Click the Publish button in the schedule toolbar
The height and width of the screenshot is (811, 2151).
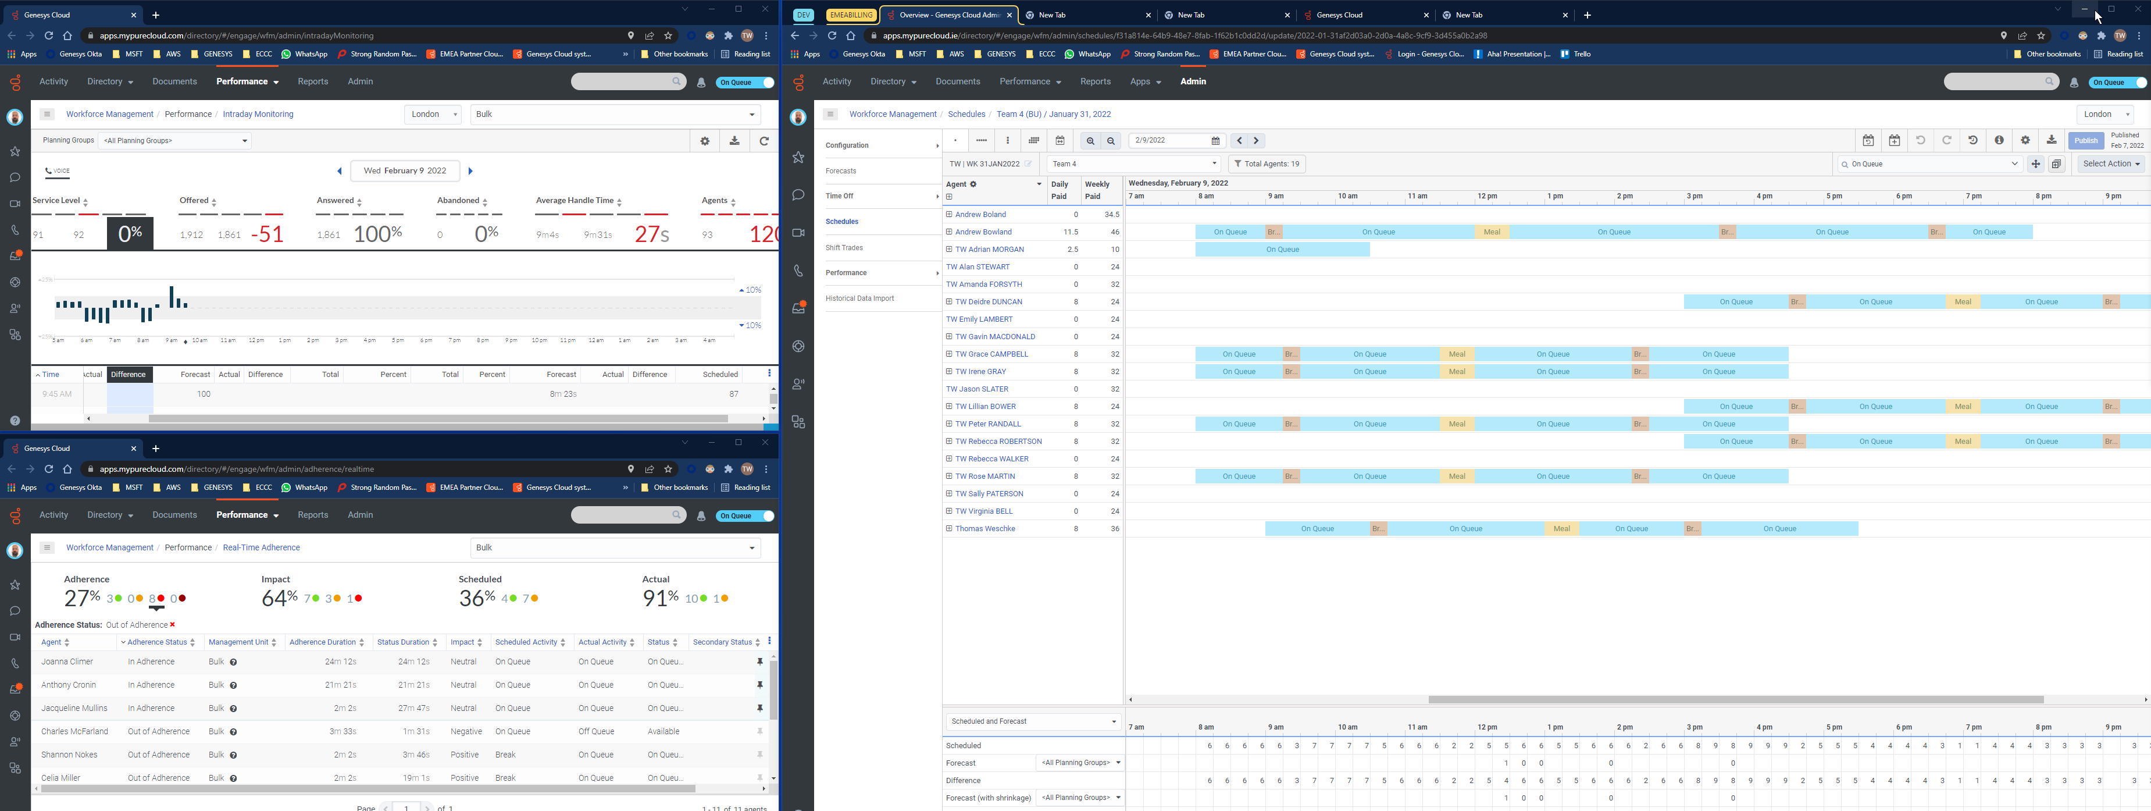tap(2085, 140)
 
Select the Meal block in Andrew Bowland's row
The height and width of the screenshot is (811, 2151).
tap(1492, 232)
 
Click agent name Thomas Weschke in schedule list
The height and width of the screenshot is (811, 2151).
tap(984, 529)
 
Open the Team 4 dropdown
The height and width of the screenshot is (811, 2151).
tap(1133, 163)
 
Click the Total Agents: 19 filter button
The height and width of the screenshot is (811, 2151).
tap(1266, 163)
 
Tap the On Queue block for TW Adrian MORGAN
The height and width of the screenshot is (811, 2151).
tap(1282, 250)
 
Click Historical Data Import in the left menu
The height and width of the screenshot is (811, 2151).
tap(859, 298)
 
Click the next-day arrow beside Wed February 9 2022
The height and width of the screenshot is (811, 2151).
tap(470, 171)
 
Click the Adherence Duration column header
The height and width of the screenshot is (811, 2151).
tap(322, 642)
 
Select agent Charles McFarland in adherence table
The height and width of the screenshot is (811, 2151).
tap(74, 732)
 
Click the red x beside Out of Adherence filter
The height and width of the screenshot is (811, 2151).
tap(173, 625)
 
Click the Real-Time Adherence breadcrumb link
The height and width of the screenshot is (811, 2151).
tap(261, 548)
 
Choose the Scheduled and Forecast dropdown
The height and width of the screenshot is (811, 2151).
tap(1032, 721)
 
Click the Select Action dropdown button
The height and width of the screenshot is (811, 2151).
tap(2111, 163)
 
